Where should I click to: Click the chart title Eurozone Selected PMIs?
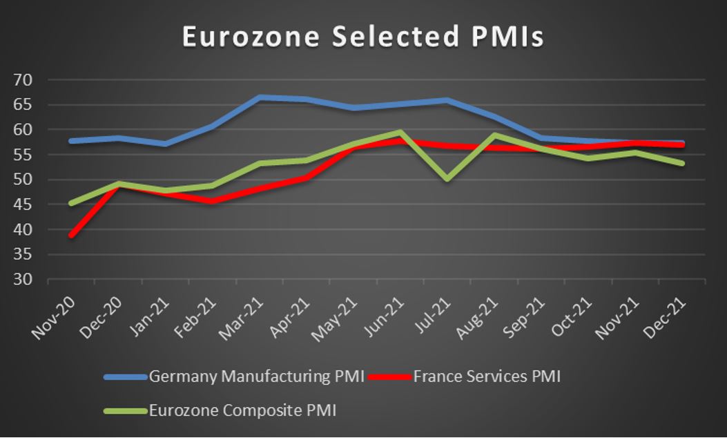(x=362, y=37)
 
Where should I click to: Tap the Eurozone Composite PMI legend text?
(x=242, y=410)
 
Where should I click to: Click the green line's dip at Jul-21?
(x=447, y=179)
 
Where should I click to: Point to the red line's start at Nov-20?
(x=71, y=235)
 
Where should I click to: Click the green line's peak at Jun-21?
(x=400, y=131)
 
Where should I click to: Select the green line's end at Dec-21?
(x=682, y=163)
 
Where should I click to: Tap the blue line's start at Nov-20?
(x=71, y=141)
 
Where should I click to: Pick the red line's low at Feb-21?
(x=212, y=201)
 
